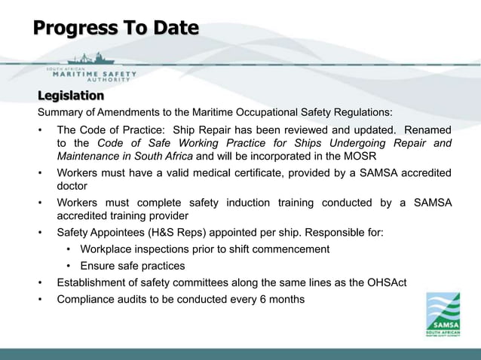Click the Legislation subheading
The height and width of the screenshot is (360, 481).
click(x=71, y=96)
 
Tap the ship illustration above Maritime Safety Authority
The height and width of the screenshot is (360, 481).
click(x=91, y=59)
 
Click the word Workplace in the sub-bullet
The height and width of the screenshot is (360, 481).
click(x=106, y=249)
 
